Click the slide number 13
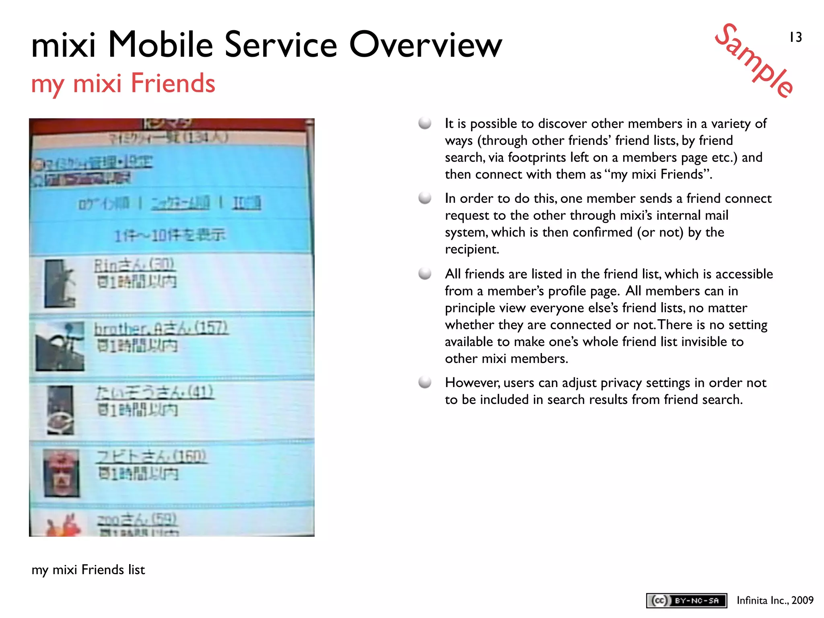(795, 37)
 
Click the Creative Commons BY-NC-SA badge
(686, 600)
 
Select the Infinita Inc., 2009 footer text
(775, 600)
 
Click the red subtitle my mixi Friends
(123, 84)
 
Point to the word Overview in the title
(426, 45)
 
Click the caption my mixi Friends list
(88, 570)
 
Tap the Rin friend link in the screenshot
(134, 265)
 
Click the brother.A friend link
(161, 329)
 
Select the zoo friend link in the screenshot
(136, 520)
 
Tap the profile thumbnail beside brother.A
(60, 346)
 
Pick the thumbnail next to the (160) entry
(61, 473)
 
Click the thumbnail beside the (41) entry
(60, 410)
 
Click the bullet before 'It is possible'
(425, 123)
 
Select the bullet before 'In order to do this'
(425, 198)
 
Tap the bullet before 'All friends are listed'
(425, 274)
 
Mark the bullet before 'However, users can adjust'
(425, 382)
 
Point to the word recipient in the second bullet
(472, 249)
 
